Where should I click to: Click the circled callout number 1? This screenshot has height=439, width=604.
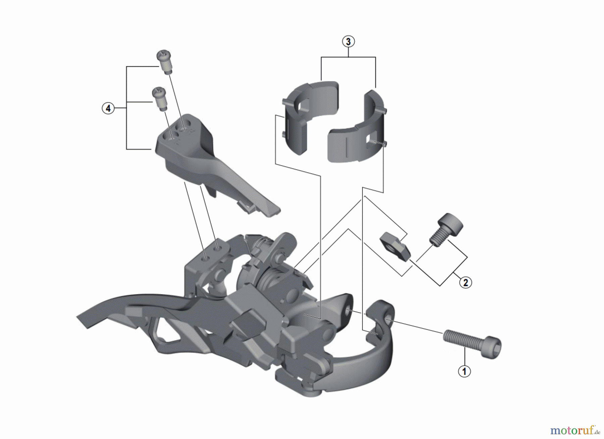point(464,371)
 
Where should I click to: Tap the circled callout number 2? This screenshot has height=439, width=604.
point(465,282)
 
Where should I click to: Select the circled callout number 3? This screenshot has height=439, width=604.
point(348,42)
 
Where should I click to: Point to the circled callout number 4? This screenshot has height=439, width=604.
point(108,108)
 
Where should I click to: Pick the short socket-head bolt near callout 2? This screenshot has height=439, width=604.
point(446,230)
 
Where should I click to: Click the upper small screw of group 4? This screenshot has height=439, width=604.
point(164,62)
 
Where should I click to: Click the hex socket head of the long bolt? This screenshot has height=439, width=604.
point(493,347)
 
